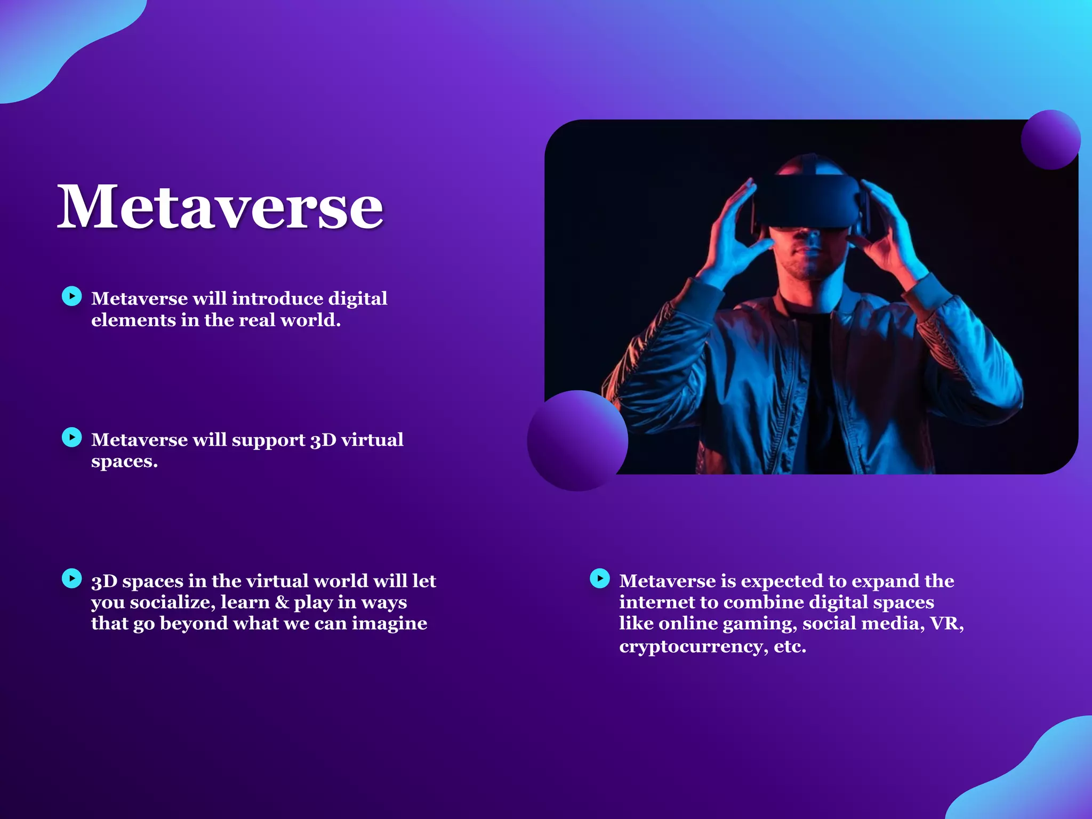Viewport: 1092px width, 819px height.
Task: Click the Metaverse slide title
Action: tap(220, 207)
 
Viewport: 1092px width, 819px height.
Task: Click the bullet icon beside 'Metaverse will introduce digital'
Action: tap(72, 296)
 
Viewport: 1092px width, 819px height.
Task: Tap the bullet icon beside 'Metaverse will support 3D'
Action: tap(72, 437)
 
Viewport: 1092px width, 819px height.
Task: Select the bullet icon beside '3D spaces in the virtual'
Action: tap(72, 578)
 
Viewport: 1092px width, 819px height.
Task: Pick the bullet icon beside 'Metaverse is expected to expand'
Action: tap(600, 578)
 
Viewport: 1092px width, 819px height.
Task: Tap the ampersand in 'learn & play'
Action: tap(282, 603)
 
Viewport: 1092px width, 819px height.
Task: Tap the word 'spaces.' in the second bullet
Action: tap(124, 461)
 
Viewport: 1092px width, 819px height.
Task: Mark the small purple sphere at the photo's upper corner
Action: tap(1050, 140)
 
